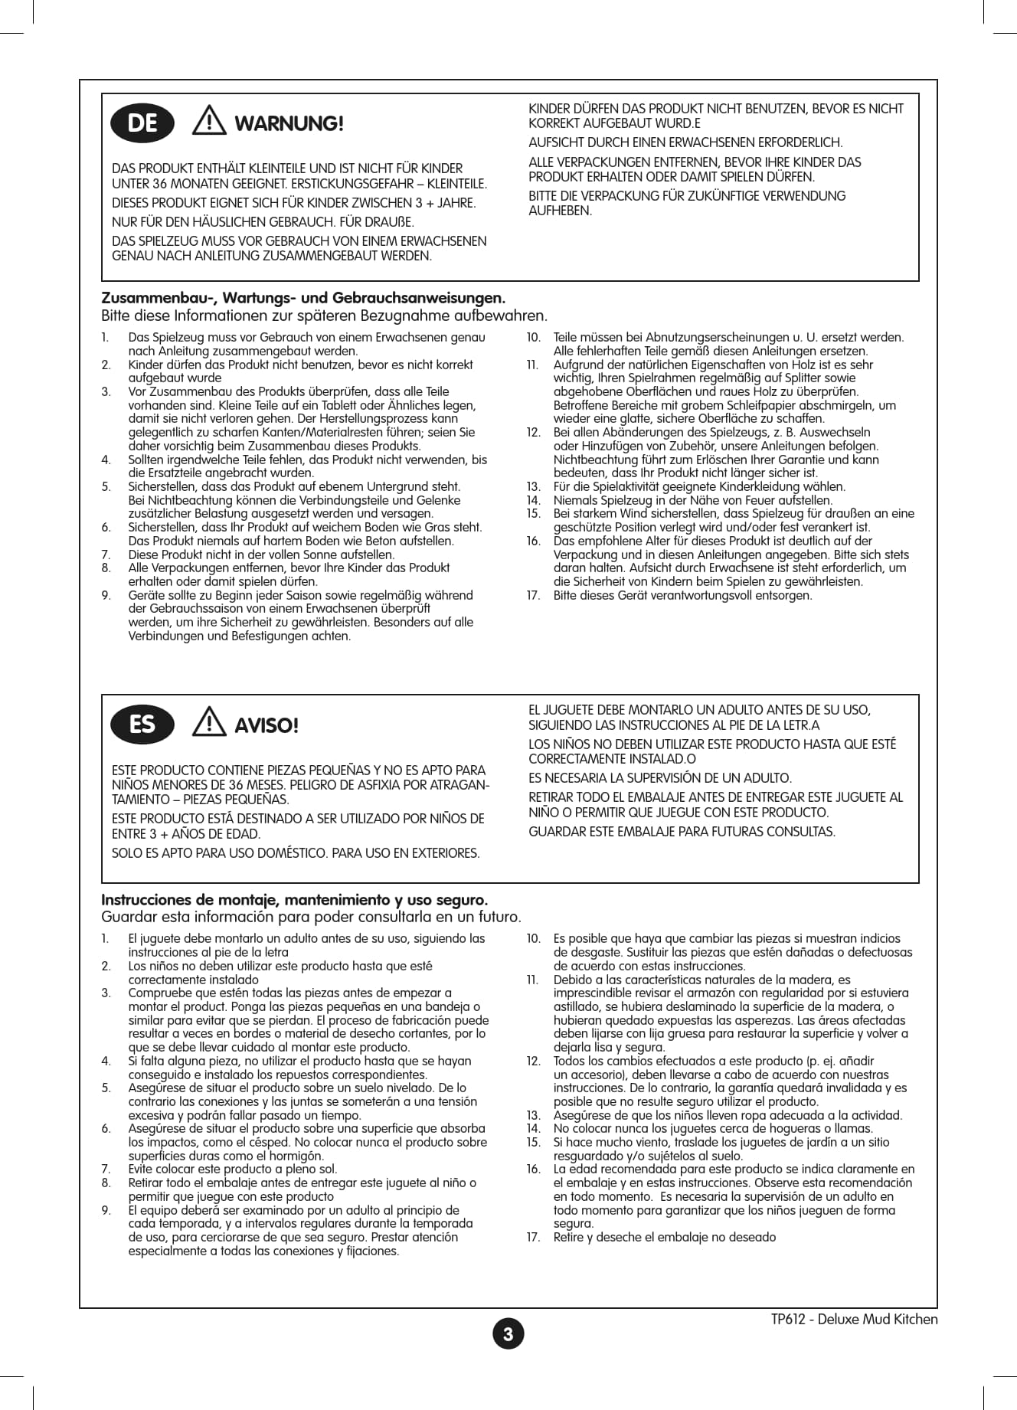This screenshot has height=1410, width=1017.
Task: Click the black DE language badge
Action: tap(142, 123)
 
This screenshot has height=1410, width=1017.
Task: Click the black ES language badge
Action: tap(142, 725)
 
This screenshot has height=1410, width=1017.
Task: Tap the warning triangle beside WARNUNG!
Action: tap(209, 122)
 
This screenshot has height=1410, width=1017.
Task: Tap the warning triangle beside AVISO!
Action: tap(209, 723)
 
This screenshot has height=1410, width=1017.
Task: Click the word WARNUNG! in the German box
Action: tap(289, 124)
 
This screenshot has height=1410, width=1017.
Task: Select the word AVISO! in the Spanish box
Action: tap(266, 725)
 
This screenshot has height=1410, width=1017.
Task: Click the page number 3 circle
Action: tap(508, 1334)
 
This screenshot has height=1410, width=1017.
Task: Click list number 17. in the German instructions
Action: tap(534, 595)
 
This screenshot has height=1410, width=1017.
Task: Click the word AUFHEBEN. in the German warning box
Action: tap(561, 211)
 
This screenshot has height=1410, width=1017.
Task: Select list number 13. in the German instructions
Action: tap(534, 487)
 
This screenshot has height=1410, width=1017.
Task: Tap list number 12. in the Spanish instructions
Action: tap(534, 1061)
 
